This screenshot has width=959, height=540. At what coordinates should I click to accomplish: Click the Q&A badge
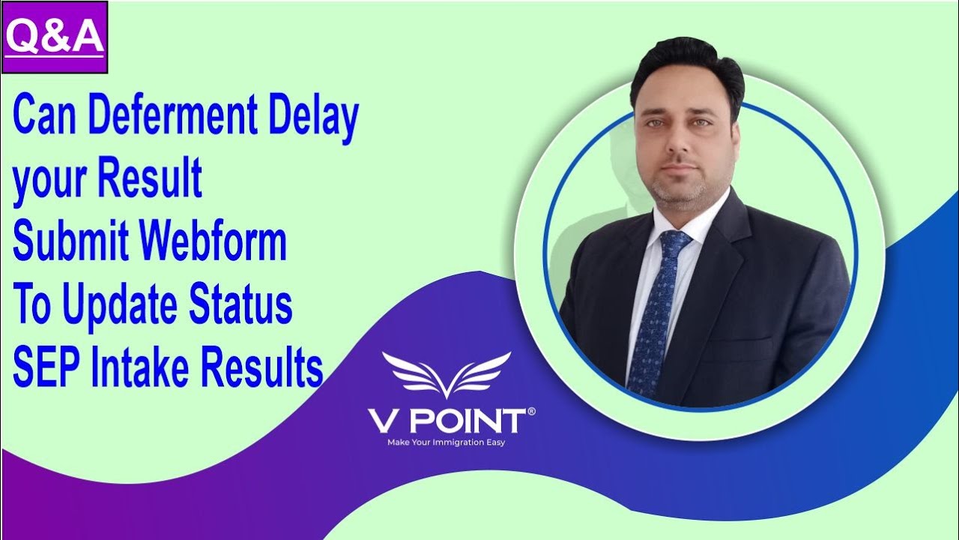[x=55, y=37]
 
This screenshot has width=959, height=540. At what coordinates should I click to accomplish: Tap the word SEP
[x=46, y=367]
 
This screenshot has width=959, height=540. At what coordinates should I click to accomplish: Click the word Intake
[x=139, y=367]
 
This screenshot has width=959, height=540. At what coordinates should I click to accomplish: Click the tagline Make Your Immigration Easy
[x=446, y=442]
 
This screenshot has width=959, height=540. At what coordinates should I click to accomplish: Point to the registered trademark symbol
[x=531, y=411]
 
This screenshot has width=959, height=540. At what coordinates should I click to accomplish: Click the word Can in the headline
[x=45, y=117]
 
